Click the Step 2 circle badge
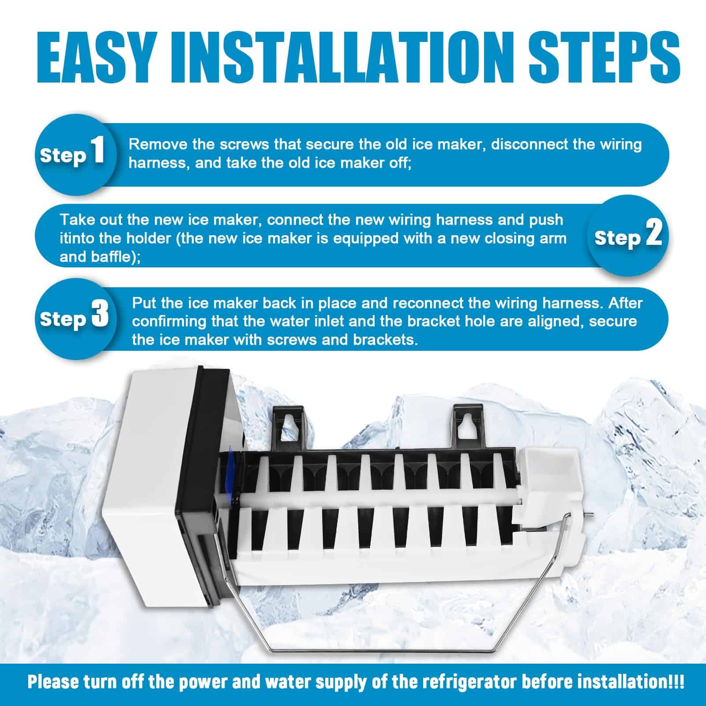point(627,236)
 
